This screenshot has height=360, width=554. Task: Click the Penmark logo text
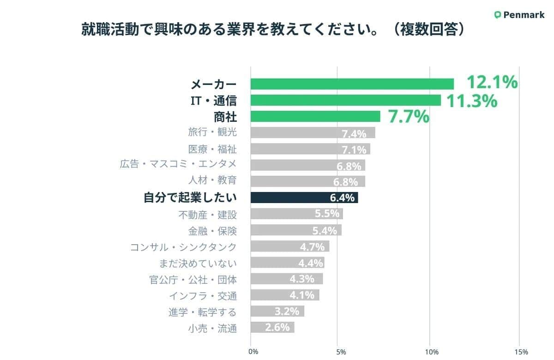click(524, 15)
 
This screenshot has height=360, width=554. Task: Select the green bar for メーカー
click(352, 84)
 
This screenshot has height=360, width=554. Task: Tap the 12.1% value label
click(492, 83)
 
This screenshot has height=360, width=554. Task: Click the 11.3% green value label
click(471, 101)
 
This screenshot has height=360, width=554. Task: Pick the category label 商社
click(225, 116)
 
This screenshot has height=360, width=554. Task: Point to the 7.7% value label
click(409, 117)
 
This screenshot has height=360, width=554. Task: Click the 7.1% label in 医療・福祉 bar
click(354, 150)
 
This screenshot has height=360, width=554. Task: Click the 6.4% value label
click(342, 198)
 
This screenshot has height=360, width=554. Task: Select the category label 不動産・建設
click(207, 214)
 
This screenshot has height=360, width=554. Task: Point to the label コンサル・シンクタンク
click(183, 247)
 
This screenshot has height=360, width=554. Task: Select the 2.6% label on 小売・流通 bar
click(277, 327)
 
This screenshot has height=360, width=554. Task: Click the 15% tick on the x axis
click(520, 352)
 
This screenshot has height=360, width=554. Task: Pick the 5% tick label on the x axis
click(341, 352)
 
